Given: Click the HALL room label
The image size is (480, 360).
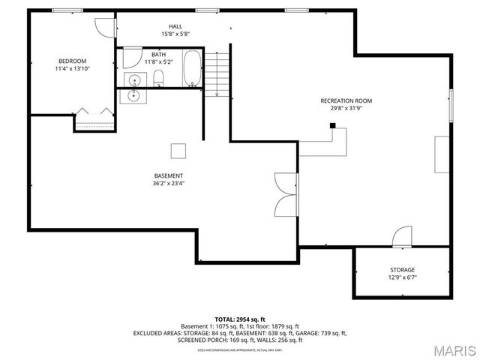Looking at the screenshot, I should coord(175,25).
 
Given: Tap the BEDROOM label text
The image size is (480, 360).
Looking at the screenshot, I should coord(72,61).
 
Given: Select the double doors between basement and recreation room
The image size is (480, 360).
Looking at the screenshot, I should coord(286,193).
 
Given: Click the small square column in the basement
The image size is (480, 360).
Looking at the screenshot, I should coord(178,151).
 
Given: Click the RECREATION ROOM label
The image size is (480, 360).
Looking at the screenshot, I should coord(346,100).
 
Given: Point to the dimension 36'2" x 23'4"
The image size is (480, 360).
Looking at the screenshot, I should coord(169,183).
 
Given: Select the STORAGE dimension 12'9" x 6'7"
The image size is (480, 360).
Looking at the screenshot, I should coord(402,277).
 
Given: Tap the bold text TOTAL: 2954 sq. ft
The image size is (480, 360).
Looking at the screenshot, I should coord(240,319).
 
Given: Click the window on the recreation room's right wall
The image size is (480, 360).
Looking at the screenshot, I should coord(451,104).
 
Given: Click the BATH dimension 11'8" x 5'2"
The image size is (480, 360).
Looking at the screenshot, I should coord(159,62).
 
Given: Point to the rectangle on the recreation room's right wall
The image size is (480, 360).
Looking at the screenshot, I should coord(441,155).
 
